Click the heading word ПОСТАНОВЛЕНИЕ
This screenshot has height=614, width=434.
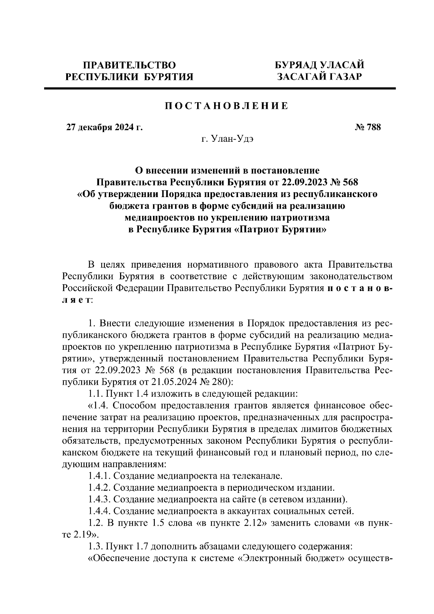point(226,106)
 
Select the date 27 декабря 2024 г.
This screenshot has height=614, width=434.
point(104,127)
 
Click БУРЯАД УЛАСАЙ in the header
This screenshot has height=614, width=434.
point(319,65)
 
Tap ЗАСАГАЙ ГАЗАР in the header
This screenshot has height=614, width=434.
point(319,76)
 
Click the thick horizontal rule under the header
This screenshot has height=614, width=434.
point(220,88)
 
